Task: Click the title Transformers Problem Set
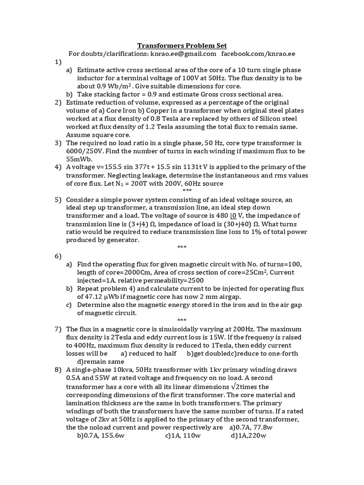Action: [x=182, y=45]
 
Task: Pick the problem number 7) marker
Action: [x=58, y=329]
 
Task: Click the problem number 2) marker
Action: [x=58, y=102]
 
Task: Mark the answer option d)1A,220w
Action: [x=248, y=436]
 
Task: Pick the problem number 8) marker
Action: [x=58, y=369]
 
